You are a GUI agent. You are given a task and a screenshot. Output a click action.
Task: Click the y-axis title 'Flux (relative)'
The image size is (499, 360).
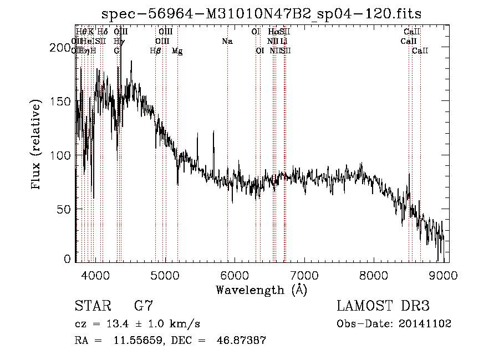pyautogui.click(x=37, y=145)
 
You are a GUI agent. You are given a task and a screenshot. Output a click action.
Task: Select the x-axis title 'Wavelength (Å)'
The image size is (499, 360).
pyautogui.click(x=261, y=290)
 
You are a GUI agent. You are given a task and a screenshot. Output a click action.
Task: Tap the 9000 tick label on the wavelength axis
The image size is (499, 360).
pyautogui.click(x=444, y=274)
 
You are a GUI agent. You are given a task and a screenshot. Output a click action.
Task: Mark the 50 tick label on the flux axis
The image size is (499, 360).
pyautogui.click(x=63, y=209)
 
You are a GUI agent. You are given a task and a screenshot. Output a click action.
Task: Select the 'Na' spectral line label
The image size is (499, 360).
pyautogui.click(x=227, y=42)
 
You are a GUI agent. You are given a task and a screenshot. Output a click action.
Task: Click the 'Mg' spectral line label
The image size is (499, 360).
pyautogui.click(x=177, y=51)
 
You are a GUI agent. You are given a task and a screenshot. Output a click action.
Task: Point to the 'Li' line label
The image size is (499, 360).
pyautogui.click(x=283, y=42)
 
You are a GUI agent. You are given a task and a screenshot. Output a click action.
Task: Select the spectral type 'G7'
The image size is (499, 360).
pyautogui.click(x=144, y=306)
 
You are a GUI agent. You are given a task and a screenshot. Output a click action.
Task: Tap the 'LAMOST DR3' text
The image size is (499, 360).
pyautogui.click(x=383, y=306)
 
